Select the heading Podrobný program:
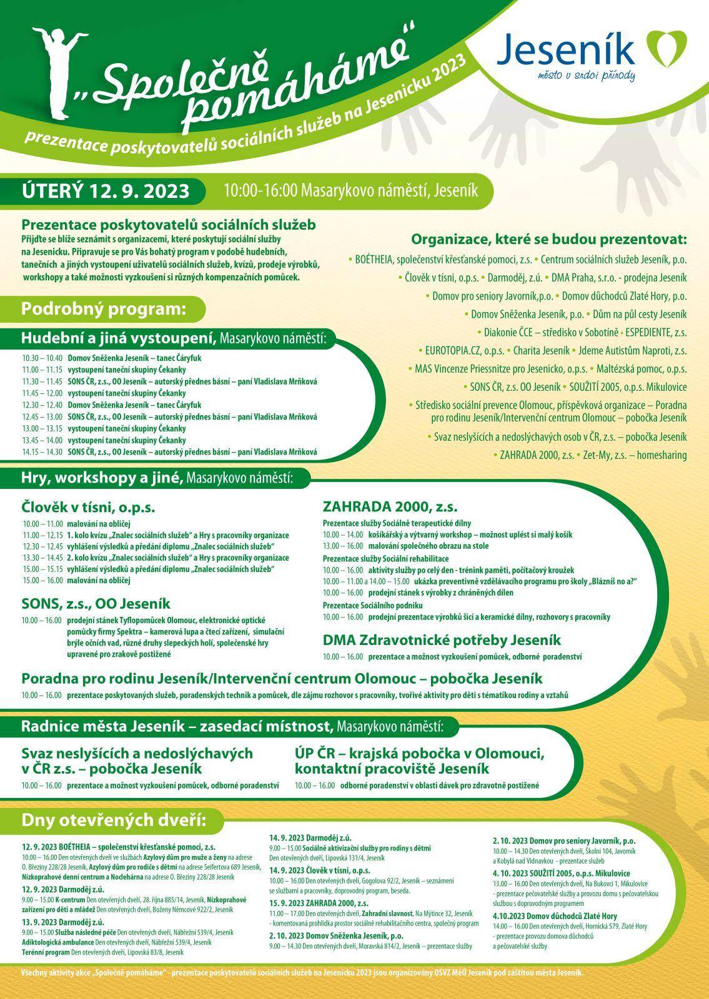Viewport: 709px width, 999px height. pos(104,308)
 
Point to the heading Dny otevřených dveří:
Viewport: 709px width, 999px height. pos(114,819)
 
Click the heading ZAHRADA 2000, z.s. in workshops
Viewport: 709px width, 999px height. pos(390,506)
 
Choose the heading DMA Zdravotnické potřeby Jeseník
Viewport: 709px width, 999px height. pos(442,640)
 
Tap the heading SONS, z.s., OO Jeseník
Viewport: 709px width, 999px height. pos(96,604)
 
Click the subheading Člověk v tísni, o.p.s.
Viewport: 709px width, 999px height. pos(88,507)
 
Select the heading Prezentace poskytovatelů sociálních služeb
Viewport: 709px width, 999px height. pos(169,225)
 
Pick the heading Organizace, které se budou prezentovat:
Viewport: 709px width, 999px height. pos(548,240)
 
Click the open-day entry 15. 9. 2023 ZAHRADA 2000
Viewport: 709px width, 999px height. pos(319,903)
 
